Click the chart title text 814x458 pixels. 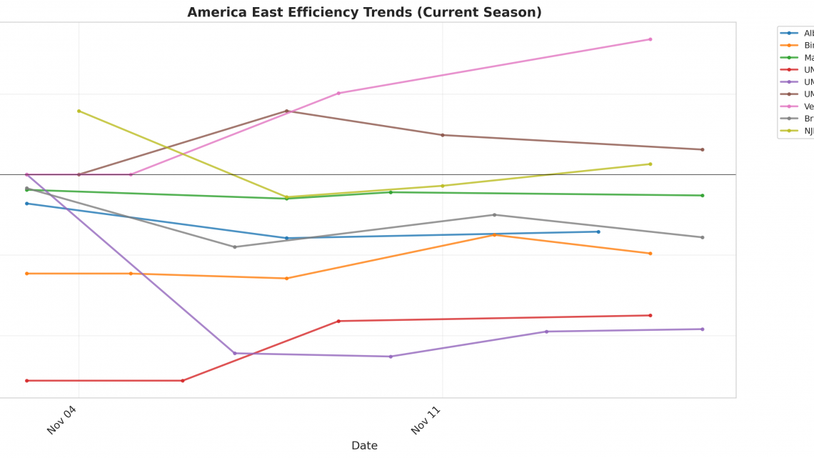point(364,12)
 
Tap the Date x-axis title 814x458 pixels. point(364,445)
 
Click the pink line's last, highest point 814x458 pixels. point(650,39)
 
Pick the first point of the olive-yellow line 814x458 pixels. point(79,111)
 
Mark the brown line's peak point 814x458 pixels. point(286,111)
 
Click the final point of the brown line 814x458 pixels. point(702,149)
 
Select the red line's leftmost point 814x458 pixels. point(27,380)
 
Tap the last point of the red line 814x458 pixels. point(650,315)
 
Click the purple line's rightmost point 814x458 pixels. point(702,329)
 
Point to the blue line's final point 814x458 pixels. point(598,232)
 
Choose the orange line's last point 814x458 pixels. point(650,253)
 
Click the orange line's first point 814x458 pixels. point(27,273)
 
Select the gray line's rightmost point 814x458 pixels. point(702,237)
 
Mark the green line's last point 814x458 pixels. point(702,195)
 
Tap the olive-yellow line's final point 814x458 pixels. point(650,164)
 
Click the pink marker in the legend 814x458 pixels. point(789,106)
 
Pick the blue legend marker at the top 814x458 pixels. point(789,33)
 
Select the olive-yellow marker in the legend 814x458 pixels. point(789,130)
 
